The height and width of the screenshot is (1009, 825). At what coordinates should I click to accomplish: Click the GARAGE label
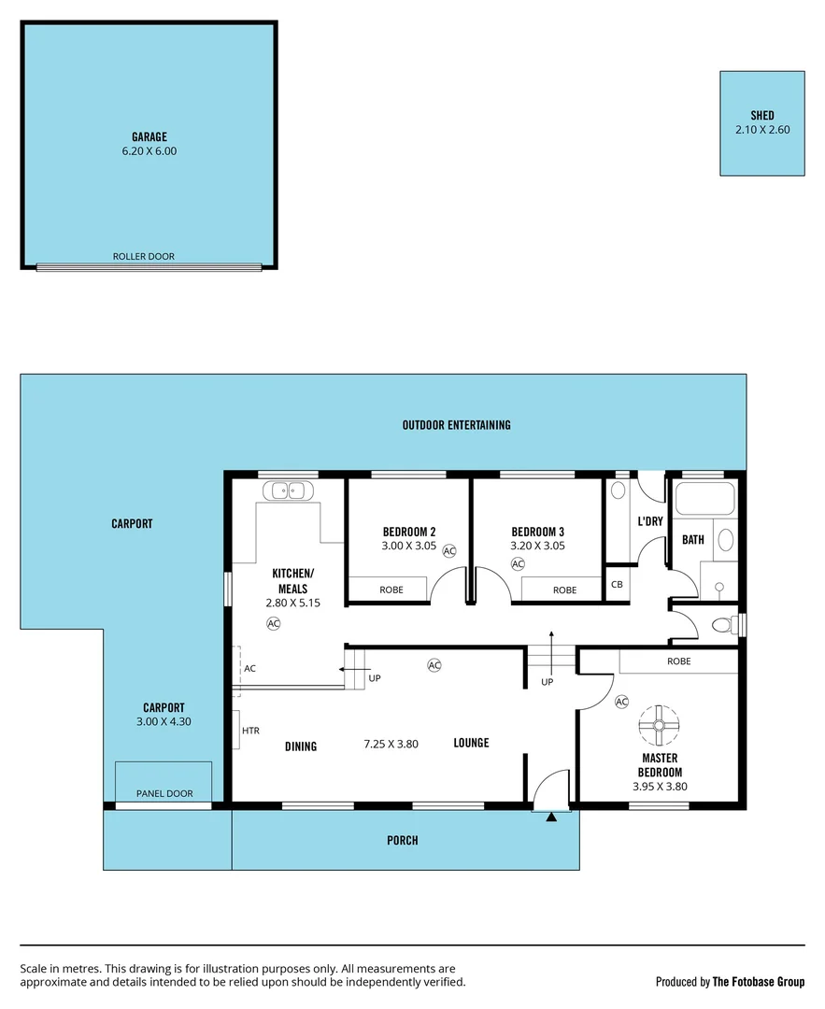click(149, 136)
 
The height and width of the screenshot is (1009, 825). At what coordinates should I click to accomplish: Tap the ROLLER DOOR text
click(144, 256)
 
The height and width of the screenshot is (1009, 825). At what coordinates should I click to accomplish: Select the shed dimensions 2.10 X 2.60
click(762, 130)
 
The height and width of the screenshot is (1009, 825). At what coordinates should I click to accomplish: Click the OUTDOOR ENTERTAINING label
click(456, 425)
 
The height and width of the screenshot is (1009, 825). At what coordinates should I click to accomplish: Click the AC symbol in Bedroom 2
click(449, 551)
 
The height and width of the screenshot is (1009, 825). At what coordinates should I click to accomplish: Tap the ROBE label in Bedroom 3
click(564, 590)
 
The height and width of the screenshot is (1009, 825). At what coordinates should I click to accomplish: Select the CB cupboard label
click(617, 585)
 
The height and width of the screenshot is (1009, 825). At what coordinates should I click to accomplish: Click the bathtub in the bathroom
click(705, 500)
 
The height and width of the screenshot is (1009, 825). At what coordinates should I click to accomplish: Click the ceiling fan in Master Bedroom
click(660, 725)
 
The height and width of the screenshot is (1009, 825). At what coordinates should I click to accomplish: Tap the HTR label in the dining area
click(250, 731)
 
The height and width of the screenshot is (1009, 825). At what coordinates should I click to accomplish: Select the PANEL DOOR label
click(164, 793)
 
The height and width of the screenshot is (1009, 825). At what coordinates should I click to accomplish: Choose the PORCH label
click(403, 841)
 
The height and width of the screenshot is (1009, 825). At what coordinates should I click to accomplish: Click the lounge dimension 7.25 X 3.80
click(391, 744)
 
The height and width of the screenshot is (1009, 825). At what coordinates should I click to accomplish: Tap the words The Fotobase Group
click(758, 982)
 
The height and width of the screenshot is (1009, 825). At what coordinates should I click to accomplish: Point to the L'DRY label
click(649, 521)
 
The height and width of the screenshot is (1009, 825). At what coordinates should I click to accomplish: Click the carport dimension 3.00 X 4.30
click(164, 721)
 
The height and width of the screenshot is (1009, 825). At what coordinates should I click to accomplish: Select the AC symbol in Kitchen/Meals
click(274, 623)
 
